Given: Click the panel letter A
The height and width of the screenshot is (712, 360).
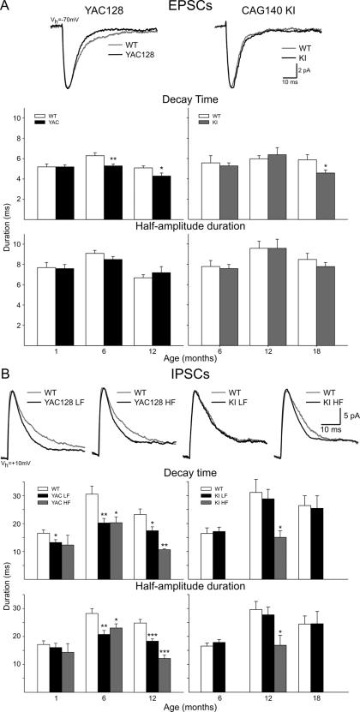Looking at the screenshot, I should pyautogui.click(x=7, y=7).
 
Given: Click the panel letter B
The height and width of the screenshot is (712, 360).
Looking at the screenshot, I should pyautogui.click(x=7, y=374).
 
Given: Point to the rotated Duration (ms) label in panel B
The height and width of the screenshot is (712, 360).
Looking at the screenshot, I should pyautogui.click(x=8, y=591).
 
